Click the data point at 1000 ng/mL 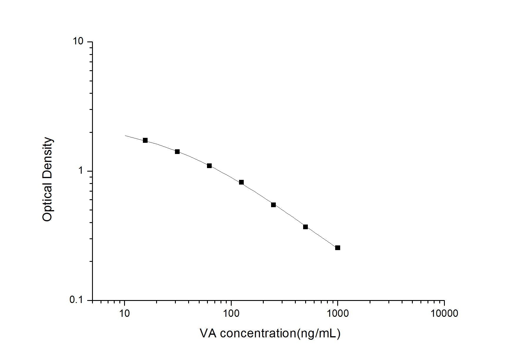point(338,248)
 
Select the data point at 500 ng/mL point(305,227)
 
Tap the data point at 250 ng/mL point(273,205)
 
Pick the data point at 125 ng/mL point(241,182)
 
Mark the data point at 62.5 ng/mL point(209,166)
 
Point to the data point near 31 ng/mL point(177,152)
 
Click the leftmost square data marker point(145,140)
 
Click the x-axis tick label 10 point(125,314)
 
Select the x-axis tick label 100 point(231,314)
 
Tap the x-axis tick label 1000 point(338,314)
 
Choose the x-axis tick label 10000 point(444,314)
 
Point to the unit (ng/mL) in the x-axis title point(319,334)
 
